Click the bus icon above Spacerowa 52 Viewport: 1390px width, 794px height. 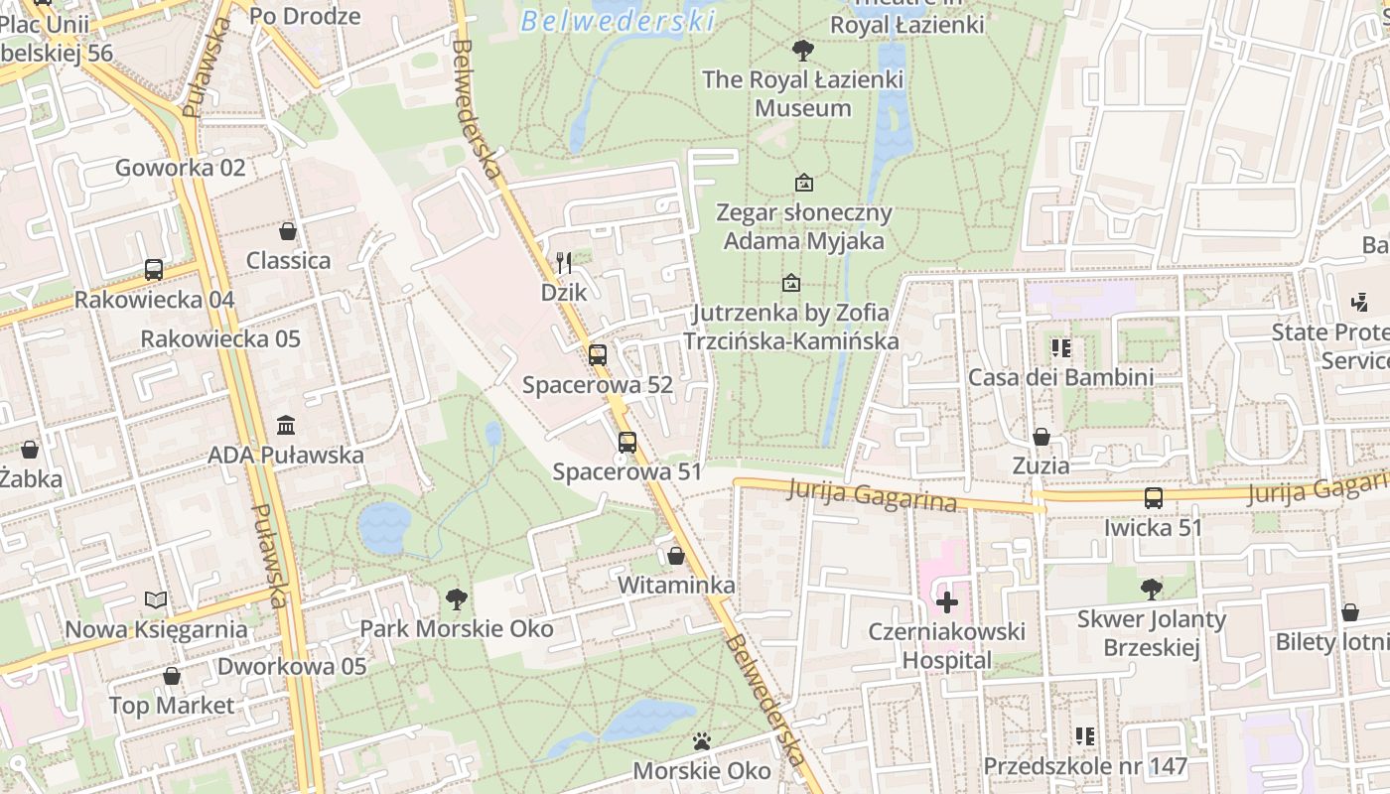pyautogui.click(x=598, y=354)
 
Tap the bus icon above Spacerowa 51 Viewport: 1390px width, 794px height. pyautogui.click(x=627, y=443)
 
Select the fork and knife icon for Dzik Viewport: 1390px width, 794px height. pyautogui.click(x=564, y=262)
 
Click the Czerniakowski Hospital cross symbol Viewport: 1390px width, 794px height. pyautogui.click(x=947, y=601)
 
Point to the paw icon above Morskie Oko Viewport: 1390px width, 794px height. pyautogui.click(x=702, y=741)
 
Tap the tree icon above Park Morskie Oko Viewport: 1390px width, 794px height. pyautogui.click(x=457, y=598)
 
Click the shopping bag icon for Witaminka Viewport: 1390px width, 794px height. pyautogui.click(x=676, y=556)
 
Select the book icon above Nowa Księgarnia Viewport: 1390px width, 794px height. pyautogui.click(x=156, y=599)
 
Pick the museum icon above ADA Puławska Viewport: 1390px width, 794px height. pyautogui.click(x=286, y=425)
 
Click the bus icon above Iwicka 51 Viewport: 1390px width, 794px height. pyautogui.click(x=1153, y=497)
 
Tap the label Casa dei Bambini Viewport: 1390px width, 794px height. pyautogui.click(x=1060, y=377)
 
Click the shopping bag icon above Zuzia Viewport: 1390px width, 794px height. pyautogui.click(x=1041, y=437)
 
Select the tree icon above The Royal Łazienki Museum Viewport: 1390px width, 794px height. pyautogui.click(x=802, y=50)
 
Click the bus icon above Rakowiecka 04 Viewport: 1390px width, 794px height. pyautogui.click(x=153, y=269)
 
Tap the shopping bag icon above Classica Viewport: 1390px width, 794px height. pyautogui.click(x=288, y=231)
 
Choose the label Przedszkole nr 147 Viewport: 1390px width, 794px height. pyautogui.click(x=1085, y=766)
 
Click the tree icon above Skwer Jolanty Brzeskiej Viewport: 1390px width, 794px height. pyautogui.click(x=1152, y=590)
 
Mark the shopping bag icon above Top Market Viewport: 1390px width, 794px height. pyautogui.click(x=172, y=676)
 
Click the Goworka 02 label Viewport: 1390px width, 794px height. pyautogui.click(x=180, y=168)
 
